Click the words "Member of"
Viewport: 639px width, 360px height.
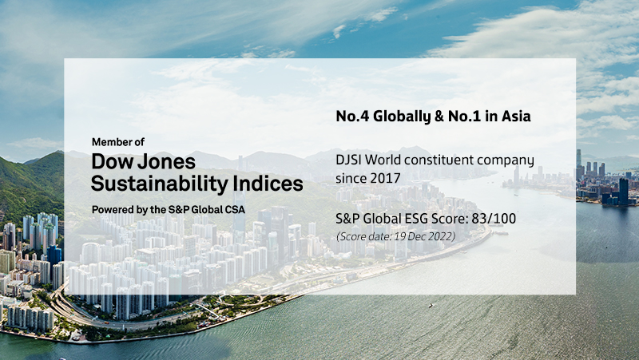[x=118, y=142]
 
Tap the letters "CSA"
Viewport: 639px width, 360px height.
[x=234, y=210]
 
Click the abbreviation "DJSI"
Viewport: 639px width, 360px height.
[x=348, y=160]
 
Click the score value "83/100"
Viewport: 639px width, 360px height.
[x=494, y=219]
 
